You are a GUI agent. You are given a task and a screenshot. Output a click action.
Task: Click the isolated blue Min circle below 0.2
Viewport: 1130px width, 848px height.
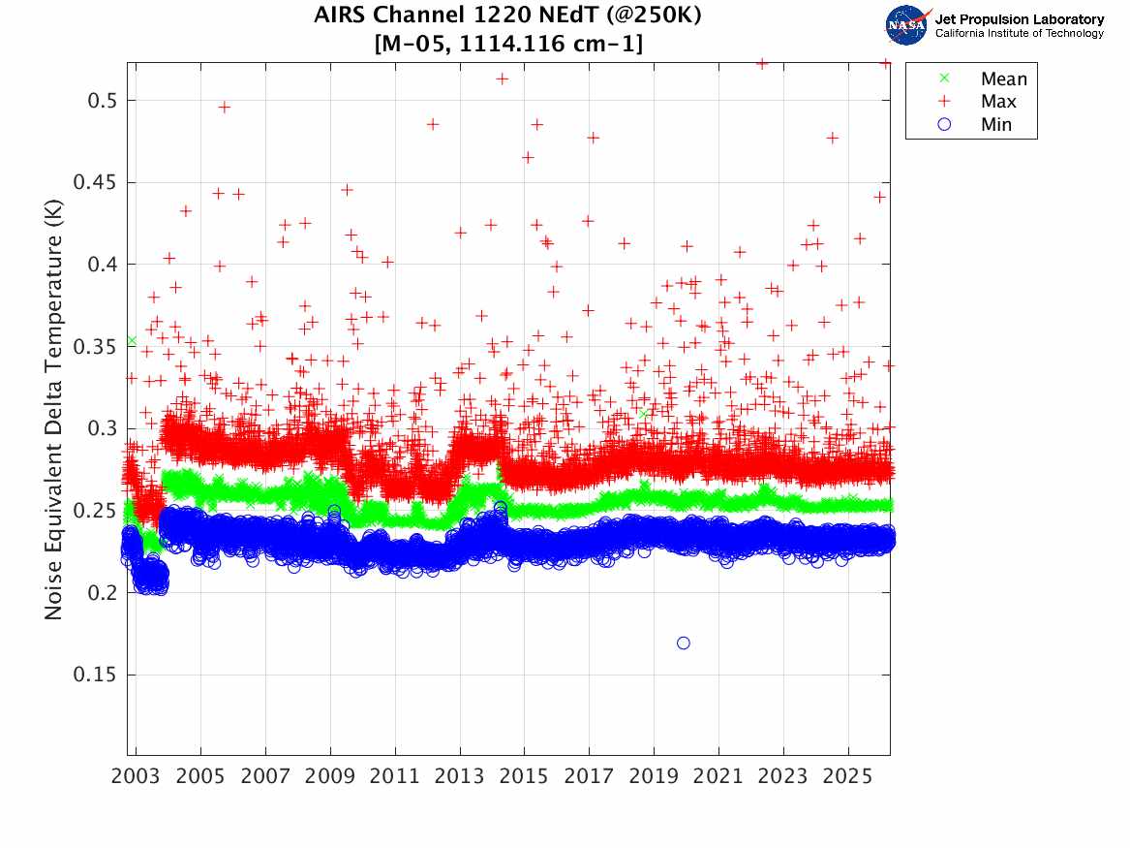[x=684, y=643]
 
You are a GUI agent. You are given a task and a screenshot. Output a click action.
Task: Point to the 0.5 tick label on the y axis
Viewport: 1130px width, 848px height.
[x=102, y=100]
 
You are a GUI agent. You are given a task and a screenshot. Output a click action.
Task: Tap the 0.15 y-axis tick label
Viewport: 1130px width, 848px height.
[x=94, y=675]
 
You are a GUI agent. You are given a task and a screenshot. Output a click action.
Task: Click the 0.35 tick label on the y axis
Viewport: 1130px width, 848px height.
[x=94, y=347]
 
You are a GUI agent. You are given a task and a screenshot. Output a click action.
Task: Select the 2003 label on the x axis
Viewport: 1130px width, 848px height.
[x=136, y=776]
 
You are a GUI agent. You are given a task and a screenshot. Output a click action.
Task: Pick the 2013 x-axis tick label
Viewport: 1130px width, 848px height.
[x=459, y=776]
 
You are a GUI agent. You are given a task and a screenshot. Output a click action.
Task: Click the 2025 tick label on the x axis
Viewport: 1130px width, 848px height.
[x=847, y=776]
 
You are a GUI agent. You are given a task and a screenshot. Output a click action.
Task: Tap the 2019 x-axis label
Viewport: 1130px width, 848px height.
[x=654, y=776]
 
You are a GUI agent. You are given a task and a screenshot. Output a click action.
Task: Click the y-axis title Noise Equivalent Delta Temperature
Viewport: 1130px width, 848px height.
[x=54, y=409]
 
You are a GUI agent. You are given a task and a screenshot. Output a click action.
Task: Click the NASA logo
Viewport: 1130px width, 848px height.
[x=908, y=25]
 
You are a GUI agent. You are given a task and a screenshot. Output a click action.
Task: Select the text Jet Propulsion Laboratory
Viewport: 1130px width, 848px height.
[x=1019, y=19]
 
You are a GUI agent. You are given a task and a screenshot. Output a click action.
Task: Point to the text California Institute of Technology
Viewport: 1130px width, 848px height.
[x=1019, y=33]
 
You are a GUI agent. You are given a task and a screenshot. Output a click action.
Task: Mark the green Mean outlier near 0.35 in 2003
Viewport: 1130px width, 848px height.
[x=132, y=340]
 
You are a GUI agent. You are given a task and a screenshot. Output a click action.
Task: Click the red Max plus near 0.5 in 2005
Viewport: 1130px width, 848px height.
[x=224, y=108]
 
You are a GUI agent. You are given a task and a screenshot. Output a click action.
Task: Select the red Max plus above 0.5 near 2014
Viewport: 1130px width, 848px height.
[x=503, y=79]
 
